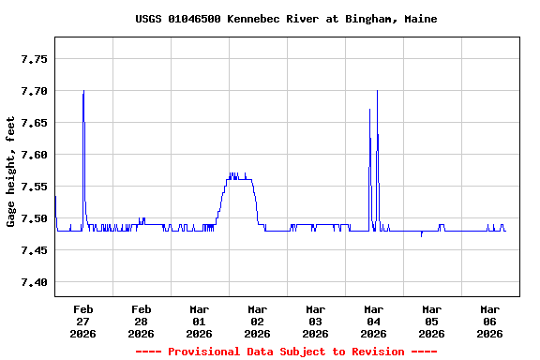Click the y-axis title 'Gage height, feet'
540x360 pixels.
(x=11, y=172)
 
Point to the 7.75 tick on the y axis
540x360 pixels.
(x=34, y=59)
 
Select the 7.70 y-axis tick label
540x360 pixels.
(x=34, y=91)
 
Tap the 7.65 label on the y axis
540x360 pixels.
(x=34, y=123)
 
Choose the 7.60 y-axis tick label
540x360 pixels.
(x=34, y=155)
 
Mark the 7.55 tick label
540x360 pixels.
(x=34, y=187)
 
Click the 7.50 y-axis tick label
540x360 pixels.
(x=34, y=218)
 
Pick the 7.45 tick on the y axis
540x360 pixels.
(x=34, y=250)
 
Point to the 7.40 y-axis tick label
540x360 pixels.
(x=34, y=282)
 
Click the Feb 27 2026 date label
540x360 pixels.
(x=83, y=321)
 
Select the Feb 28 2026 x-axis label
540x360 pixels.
(x=142, y=321)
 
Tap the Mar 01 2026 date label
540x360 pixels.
(x=200, y=321)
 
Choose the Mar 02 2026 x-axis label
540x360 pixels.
(x=258, y=321)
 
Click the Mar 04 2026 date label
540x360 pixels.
(x=374, y=321)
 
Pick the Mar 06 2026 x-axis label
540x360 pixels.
(x=490, y=321)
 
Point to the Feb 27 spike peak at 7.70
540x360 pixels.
(x=83, y=91)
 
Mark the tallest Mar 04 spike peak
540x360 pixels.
(x=377, y=91)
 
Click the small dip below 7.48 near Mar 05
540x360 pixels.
(x=421, y=236)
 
